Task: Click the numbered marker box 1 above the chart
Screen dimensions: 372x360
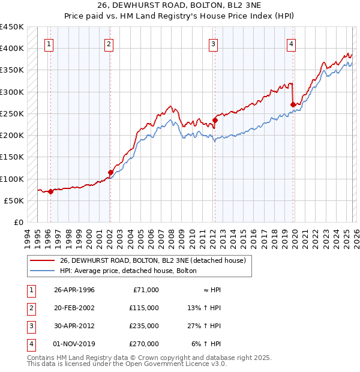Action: point(49,43)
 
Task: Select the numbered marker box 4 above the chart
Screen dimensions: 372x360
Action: point(290,43)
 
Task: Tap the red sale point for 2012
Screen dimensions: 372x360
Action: point(214,120)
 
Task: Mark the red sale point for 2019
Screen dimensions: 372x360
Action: point(293,105)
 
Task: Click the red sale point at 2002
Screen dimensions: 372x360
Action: point(110,172)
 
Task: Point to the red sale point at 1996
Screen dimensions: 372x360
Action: point(51,191)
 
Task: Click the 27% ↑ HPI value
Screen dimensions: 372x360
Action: point(205,327)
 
